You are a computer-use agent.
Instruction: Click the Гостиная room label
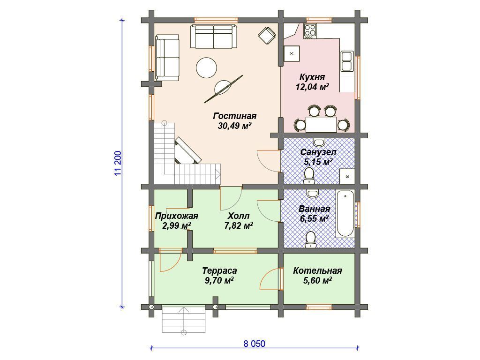click(x=235, y=116)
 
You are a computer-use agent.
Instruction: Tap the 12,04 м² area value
click(x=312, y=87)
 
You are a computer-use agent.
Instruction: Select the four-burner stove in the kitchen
click(x=310, y=31)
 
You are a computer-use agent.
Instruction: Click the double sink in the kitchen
click(x=347, y=61)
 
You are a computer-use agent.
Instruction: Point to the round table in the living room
click(x=206, y=67)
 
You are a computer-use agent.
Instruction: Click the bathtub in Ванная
click(x=345, y=214)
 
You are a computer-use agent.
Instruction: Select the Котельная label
click(x=317, y=271)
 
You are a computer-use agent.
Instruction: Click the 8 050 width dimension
click(x=255, y=344)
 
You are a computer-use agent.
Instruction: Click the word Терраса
click(x=219, y=271)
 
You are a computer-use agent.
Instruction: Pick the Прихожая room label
click(x=177, y=216)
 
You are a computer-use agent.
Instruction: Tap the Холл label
click(x=239, y=216)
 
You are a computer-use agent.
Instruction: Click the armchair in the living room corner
click(x=267, y=35)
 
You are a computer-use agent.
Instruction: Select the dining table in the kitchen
click(x=322, y=124)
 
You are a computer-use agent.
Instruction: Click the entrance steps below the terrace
click(x=184, y=319)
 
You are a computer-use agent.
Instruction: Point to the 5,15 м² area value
click(x=318, y=162)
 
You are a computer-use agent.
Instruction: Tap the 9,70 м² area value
click(x=219, y=280)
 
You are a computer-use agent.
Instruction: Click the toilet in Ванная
click(x=310, y=240)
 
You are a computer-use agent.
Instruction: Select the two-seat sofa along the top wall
click(x=214, y=37)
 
